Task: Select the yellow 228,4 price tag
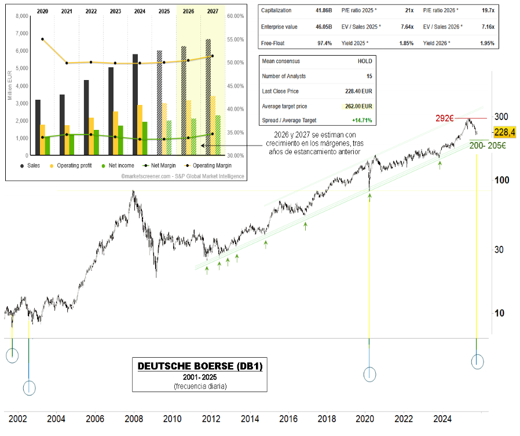pyautogui.click(x=504, y=133)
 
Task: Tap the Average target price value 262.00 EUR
pyautogui.click(x=357, y=106)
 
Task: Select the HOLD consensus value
pyautogui.click(x=365, y=61)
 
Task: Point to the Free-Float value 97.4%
pyautogui.click(x=324, y=43)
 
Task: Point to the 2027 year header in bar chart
pyautogui.click(x=213, y=11)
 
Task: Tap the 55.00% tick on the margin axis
pyautogui.click(x=235, y=39)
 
